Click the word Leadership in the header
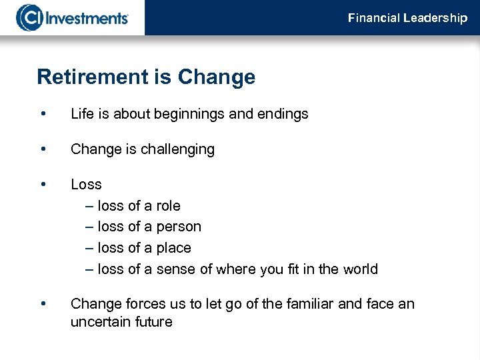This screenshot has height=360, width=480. (435, 18)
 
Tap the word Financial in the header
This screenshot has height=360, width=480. (374, 18)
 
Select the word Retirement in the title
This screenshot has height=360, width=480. (93, 77)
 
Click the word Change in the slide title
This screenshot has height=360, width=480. (217, 77)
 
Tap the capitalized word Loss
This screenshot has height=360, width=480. (86, 185)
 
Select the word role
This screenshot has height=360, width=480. (168, 206)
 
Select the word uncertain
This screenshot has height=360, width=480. (99, 322)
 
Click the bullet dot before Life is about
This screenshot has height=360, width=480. (43, 113)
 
